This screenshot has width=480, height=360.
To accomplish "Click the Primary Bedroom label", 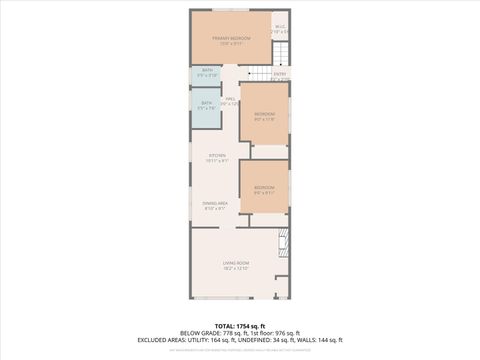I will pos(230,39).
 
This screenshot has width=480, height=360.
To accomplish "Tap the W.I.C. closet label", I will pos(281,26).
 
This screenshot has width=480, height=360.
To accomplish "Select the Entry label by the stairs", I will pos(280,73).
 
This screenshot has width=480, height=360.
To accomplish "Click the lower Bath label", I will pos(207,102).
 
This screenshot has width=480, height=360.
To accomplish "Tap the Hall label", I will pos(230,99).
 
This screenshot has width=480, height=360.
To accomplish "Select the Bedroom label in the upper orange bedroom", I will pos(264,114).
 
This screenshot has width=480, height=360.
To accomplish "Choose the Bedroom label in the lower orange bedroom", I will pos(264,187).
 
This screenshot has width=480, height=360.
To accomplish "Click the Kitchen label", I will pos(217,155).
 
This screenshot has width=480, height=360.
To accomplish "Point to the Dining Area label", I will pos(215,203).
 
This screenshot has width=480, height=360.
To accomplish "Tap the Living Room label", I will pos(236,262).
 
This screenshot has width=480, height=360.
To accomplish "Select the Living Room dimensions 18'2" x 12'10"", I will pos(236,268).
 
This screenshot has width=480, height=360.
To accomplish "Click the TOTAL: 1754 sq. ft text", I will pos(240,326).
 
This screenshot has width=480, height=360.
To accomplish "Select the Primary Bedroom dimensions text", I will pos(230,45).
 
